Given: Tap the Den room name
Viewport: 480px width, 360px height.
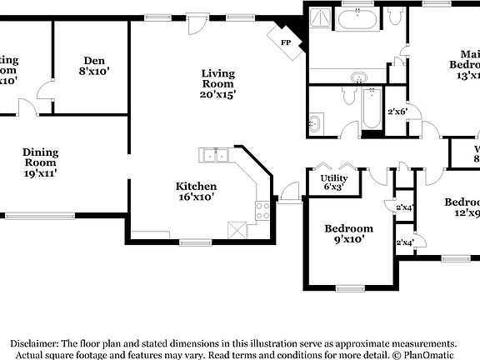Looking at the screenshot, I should (x=92, y=60).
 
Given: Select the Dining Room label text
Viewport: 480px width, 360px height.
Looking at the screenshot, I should (x=40, y=157).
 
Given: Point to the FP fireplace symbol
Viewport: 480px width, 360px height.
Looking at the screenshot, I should (x=286, y=42).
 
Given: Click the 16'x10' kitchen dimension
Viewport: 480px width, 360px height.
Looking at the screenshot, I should (x=196, y=197).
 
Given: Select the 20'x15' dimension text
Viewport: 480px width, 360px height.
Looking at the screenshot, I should (x=218, y=94).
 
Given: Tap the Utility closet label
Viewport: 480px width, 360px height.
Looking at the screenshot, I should (x=334, y=177).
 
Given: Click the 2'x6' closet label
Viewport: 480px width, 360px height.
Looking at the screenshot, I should (x=397, y=112).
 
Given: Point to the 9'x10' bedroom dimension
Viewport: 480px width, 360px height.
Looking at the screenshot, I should (x=347, y=240).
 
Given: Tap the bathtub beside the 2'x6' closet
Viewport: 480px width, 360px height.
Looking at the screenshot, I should (x=371, y=108).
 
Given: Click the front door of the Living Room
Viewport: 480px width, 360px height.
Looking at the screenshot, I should (x=197, y=22).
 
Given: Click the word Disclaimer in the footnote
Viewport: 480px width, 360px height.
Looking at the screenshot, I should (x=33, y=343).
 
